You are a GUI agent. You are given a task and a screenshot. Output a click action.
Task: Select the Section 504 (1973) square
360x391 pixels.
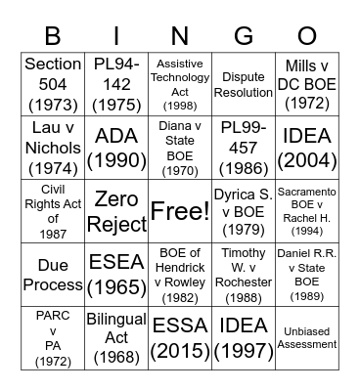[x=53, y=82]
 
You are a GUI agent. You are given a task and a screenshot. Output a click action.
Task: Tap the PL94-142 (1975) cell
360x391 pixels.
[x=116, y=82]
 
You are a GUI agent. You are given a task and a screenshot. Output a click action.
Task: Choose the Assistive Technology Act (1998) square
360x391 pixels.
[x=180, y=82]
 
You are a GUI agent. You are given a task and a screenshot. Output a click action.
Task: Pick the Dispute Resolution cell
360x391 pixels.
[x=244, y=82]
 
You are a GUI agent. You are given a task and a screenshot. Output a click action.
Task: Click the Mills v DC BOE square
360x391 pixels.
[x=307, y=82]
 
